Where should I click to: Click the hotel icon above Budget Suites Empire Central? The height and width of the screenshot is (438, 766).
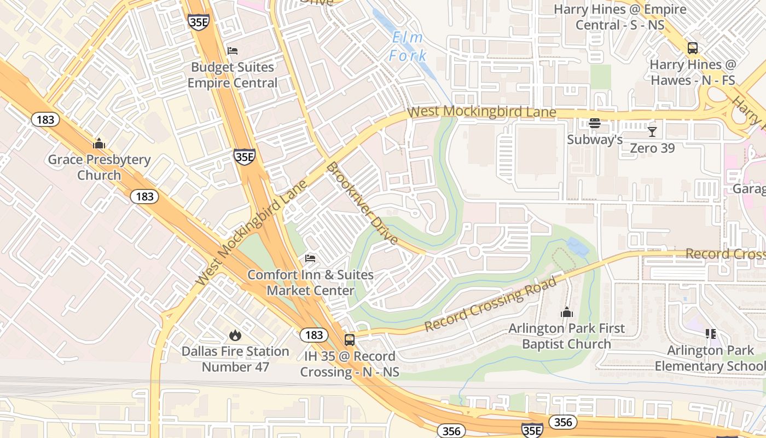233,51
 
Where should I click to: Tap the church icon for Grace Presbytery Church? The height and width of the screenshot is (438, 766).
99,143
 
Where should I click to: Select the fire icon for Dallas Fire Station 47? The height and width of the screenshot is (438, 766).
235,335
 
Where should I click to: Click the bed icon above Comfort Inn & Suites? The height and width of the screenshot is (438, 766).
310,258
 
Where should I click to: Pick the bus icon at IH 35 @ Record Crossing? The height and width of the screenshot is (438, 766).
349,339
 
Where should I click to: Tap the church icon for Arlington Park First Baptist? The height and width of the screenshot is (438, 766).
566,312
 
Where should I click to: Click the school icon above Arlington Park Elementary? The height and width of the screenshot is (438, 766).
711,333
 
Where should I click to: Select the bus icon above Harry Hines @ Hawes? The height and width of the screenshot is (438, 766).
693,48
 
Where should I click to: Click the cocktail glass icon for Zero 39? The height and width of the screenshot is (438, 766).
652,131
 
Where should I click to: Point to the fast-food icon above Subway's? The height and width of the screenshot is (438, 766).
595,123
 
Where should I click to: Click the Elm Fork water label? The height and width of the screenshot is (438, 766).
408,47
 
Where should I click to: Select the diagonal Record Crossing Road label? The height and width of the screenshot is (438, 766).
491,304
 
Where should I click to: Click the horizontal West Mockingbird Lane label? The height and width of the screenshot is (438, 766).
482,112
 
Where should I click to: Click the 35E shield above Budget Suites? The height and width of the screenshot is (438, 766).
198,22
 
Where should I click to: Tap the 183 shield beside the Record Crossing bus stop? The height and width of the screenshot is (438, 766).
314,335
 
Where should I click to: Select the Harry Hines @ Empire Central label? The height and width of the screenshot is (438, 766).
619,17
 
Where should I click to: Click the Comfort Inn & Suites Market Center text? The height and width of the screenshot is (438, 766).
311,283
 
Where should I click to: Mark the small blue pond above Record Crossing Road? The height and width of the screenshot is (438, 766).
577,247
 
